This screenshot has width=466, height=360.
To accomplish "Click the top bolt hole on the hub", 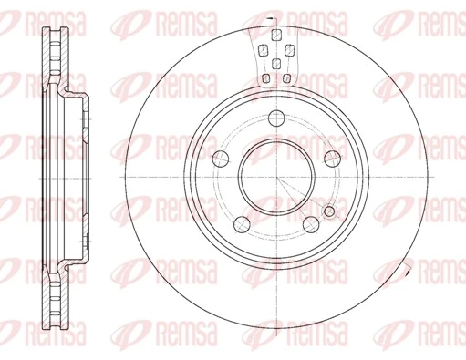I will point(275,116).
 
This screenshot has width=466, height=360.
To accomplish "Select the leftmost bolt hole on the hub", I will point(220,157).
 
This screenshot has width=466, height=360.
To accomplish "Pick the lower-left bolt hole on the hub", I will point(241,223).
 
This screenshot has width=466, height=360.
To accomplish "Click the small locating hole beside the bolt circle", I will point(329,212).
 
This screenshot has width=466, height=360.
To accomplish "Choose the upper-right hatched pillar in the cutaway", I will point(288,48).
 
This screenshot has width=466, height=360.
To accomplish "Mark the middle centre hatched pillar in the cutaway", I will point(275,64).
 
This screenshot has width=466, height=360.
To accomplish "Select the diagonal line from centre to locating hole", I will point(301,193).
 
